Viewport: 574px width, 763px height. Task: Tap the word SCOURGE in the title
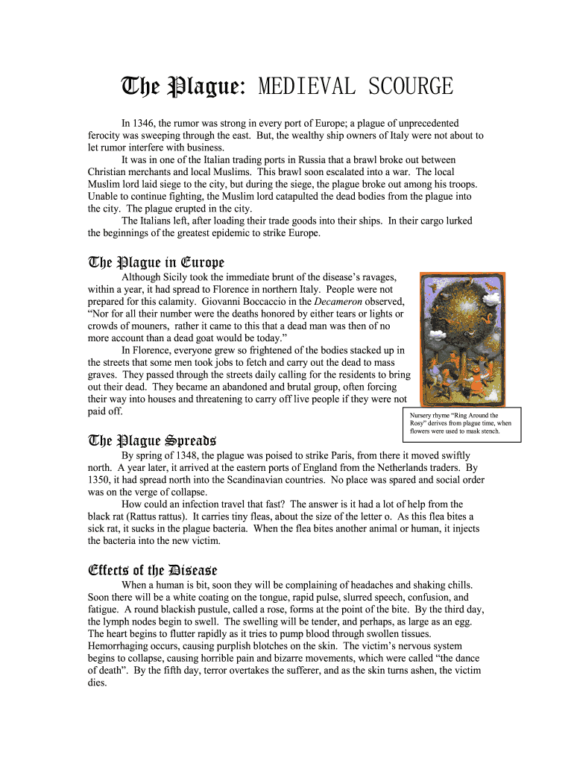(407, 87)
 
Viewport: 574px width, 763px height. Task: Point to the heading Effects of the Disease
(152, 570)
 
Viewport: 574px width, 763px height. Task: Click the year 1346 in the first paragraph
(145, 123)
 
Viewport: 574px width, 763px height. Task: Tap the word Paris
(362, 455)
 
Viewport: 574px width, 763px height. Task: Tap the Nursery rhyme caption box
(461, 423)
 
